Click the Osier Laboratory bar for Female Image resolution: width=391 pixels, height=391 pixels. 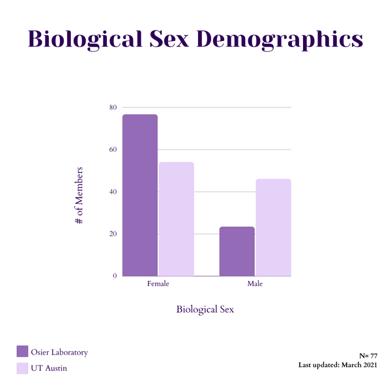pyautogui.click(x=140, y=195)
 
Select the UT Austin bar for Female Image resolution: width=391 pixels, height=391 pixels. pyautogui.click(x=177, y=219)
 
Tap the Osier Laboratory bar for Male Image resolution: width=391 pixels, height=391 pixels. pyautogui.click(x=237, y=252)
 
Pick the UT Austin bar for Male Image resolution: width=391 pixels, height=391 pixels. pyautogui.click(x=273, y=227)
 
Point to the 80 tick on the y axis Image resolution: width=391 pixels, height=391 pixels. pyautogui.click(x=113, y=108)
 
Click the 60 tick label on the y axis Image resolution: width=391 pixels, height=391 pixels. pyautogui.click(x=113, y=149)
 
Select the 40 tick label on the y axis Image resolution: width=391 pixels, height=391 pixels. pyautogui.click(x=113, y=192)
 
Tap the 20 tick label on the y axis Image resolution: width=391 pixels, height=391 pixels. pyautogui.click(x=113, y=234)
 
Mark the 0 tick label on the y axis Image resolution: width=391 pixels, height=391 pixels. pyautogui.click(x=115, y=276)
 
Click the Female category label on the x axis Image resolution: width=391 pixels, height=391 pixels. pyautogui.click(x=158, y=285)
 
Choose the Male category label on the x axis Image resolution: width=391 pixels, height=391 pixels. pyautogui.click(x=255, y=285)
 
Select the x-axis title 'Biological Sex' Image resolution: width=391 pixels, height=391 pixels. pyautogui.click(x=205, y=309)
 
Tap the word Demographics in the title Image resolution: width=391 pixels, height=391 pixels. pyautogui.click(x=280, y=39)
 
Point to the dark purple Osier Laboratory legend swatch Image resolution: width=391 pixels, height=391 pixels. pyautogui.click(x=22, y=352)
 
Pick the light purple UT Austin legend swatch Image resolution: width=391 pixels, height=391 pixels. pyautogui.click(x=22, y=368)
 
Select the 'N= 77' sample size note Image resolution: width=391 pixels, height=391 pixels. pyautogui.click(x=368, y=356)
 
